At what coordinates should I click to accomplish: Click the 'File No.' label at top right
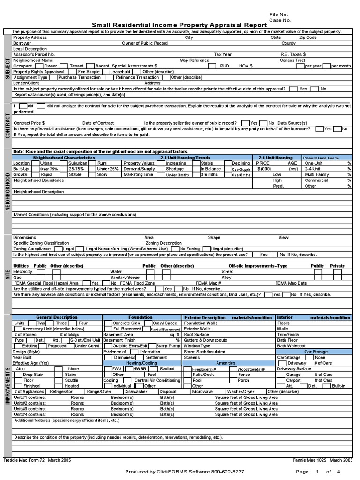(x=278, y=15)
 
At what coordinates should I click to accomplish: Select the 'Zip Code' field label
(x=308, y=37)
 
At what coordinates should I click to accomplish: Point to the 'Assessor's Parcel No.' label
(x=34, y=54)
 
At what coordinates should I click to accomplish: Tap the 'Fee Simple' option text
(x=89, y=72)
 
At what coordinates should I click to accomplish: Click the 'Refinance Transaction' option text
(x=137, y=77)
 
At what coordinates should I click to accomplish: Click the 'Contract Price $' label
(x=29, y=123)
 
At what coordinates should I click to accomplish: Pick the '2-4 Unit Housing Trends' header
(x=185, y=158)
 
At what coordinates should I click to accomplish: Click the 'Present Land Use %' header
(x=321, y=158)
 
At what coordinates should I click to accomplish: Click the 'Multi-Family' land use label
(x=317, y=174)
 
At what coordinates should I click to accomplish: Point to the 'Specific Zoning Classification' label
(x=41, y=243)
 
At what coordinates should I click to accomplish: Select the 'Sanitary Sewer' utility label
(x=125, y=277)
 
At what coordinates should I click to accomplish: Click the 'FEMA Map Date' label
(x=291, y=283)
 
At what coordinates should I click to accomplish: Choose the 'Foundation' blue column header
(x=141, y=317)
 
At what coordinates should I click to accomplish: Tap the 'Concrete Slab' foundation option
(x=126, y=323)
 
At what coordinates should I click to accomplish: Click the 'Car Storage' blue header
(x=315, y=351)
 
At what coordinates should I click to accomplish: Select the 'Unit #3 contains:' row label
(x=30, y=409)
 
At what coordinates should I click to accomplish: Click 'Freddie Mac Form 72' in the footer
(x=23, y=460)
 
